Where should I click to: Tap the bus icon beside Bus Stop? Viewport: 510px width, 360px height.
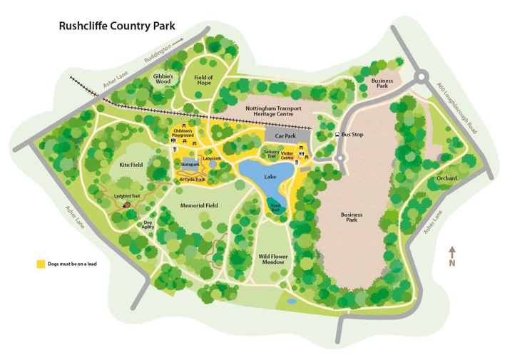[337, 134]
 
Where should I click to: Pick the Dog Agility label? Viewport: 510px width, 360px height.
[148, 225]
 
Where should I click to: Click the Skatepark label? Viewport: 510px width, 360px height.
[190, 164]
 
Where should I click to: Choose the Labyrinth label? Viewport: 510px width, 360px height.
[212, 158]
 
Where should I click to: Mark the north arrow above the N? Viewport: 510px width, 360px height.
[452, 252]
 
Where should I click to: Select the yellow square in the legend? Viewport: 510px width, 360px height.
[42, 264]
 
